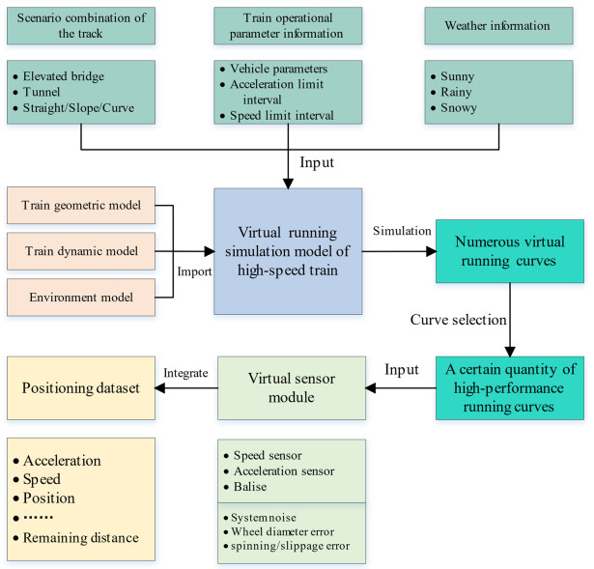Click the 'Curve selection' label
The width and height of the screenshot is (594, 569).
[459, 319]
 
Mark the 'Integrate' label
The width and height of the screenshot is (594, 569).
[183, 371]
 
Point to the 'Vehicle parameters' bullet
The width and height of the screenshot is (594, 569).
[281, 71]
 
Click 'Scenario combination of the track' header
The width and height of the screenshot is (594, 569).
[78, 25]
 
